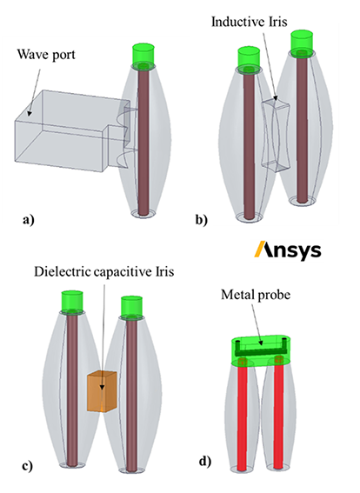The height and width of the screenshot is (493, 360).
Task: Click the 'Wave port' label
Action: click(x=46, y=55)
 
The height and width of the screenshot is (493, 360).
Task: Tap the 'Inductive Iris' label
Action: click(x=249, y=22)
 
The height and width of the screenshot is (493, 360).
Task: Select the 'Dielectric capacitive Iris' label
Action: click(x=104, y=271)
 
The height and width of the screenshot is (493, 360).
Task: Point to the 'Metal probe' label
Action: click(x=256, y=295)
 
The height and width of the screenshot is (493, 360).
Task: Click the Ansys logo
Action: click(x=288, y=250)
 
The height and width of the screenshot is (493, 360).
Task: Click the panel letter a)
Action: click(x=29, y=220)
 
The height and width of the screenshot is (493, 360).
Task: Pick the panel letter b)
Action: click(x=201, y=220)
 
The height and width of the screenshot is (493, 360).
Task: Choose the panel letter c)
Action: click(x=27, y=466)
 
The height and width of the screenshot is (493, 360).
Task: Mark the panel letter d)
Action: click(x=205, y=462)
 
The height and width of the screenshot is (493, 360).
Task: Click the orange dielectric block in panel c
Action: click(x=103, y=391)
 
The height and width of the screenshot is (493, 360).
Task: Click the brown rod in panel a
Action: click(x=143, y=142)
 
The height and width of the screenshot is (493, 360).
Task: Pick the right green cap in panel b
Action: click(x=303, y=41)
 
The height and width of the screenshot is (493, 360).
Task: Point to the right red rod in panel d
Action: click(x=278, y=415)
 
